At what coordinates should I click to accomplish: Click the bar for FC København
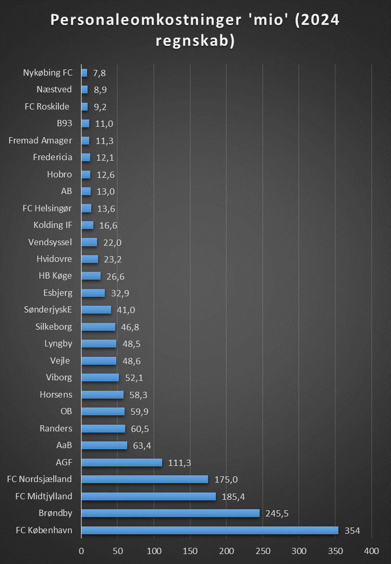tap(210, 531)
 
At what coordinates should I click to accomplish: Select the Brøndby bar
tap(170, 513)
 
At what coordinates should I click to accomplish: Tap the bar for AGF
tap(121, 462)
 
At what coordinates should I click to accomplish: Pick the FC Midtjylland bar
tap(148, 496)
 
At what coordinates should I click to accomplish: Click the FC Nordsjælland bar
tap(144, 479)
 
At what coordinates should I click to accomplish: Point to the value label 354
tap(352, 531)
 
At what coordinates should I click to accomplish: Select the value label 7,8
tap(99, 73)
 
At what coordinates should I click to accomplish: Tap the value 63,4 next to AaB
tap(142, 446)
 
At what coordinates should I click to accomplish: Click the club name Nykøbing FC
tap(48, 73)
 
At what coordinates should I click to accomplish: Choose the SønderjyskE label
tap(48, 310)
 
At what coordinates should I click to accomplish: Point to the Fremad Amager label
tap(41, 140)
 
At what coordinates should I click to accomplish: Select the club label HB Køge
tap(55, 276)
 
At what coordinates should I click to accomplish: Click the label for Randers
tap(56, 428)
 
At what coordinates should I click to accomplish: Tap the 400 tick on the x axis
tap(371, 550)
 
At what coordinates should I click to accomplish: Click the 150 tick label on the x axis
tap(190, 550)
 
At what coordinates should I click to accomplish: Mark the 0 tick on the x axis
tap(81, 550)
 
